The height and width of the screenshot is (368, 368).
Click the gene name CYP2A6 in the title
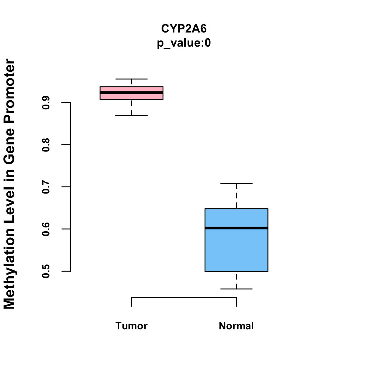(x=184, y=29)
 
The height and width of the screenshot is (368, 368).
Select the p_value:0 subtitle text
(x=184, y=43)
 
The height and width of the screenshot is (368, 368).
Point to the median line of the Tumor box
(x=131, y=92)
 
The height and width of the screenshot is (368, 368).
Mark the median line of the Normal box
(x=236, y=228)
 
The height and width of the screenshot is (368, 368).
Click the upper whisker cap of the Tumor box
(x=131, y=79)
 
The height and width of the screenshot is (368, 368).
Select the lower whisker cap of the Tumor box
(x=131, y=116)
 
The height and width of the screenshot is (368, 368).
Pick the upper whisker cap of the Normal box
(x=236, y=183)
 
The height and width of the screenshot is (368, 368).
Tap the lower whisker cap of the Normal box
(x=236, y=289)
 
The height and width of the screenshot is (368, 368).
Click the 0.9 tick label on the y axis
(x=46, y=102)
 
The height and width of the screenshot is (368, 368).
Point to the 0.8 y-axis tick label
(x=46, y=145)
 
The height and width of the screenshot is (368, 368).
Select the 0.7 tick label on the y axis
(x=46, y=187)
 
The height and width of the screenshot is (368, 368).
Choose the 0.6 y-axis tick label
(x=46, y=229)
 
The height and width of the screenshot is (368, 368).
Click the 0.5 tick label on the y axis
(x=46, y=271)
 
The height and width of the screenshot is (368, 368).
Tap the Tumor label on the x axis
(x=131, y=326)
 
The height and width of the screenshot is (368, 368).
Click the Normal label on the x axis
(x=236, y=326)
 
